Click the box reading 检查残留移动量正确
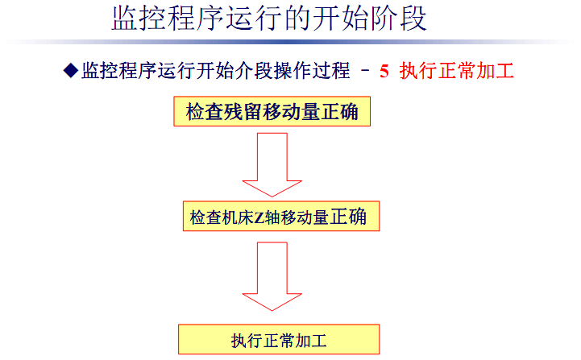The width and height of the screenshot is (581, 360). point(272,111)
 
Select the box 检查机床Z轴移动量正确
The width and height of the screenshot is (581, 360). point(279,217)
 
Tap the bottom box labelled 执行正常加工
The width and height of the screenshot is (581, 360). point(278,340)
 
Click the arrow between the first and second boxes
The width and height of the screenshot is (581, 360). point(273,164)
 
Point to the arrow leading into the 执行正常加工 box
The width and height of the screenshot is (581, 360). point(273,276)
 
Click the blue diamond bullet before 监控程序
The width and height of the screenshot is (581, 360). point(70,71)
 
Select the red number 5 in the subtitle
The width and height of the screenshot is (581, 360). point(384,71)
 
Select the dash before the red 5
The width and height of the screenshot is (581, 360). point(364,71)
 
